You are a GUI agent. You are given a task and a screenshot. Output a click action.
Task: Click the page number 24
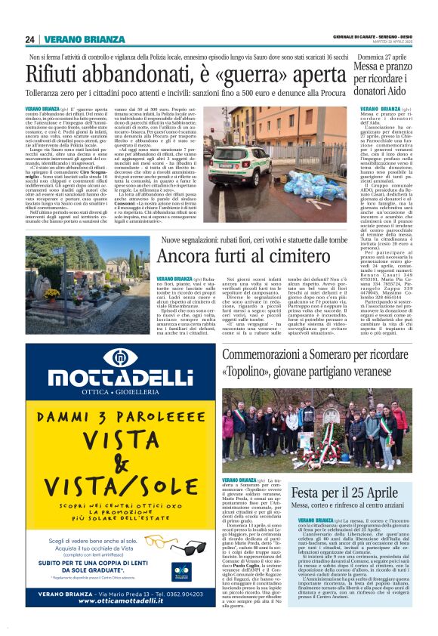tap(30, 39)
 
